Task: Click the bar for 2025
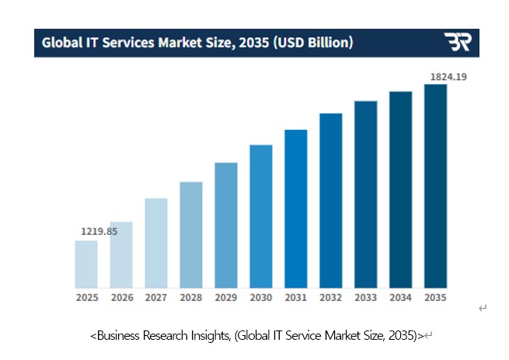coord(86,264)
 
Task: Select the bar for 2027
coord(156,243)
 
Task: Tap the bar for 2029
coord(226,225)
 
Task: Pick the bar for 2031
coord(296,208)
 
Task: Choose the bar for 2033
coord(366,194)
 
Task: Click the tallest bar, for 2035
coord(436,186)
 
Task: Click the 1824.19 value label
coord(448,76)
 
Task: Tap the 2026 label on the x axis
coord(121,297)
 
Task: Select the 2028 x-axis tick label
coord(191,297)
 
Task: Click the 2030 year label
coord(261,297)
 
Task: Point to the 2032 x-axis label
coord(331,297)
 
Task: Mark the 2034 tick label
coord(401,297)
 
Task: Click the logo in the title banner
coord(457,42)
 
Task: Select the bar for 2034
coord(401,190)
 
